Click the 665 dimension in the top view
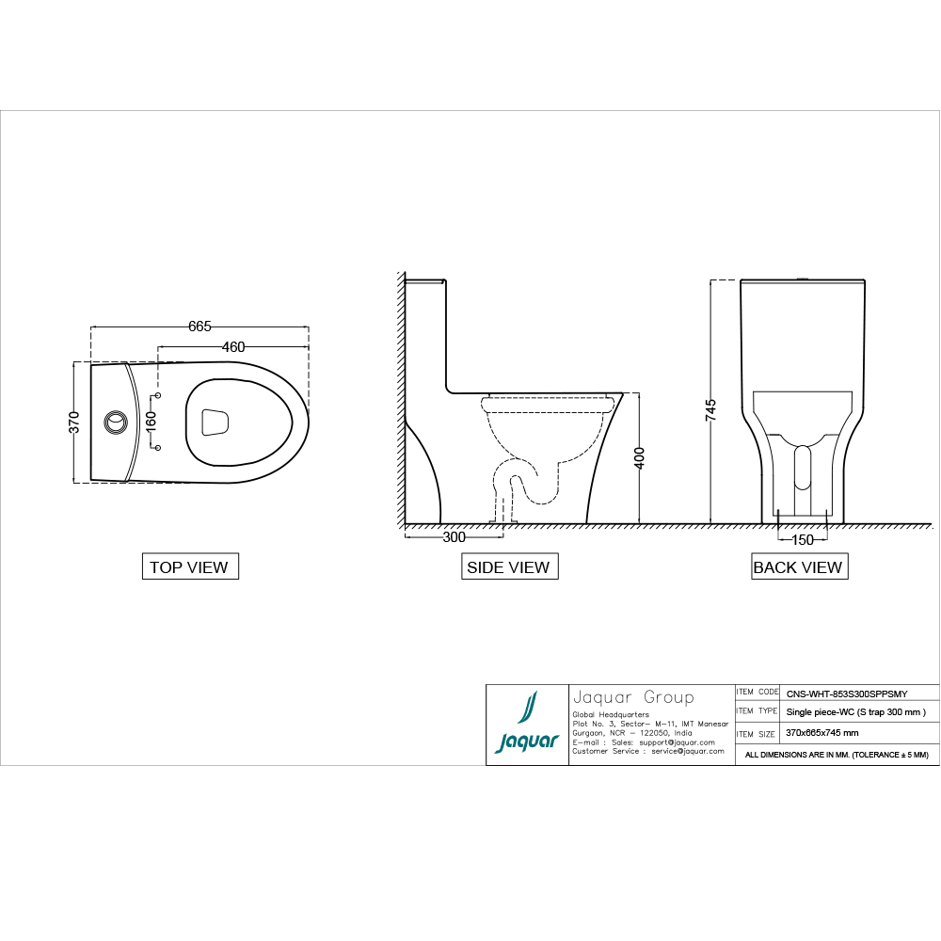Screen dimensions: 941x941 tap(199, 327)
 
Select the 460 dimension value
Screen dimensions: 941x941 tap(233, 346)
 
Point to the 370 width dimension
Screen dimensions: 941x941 tap(73, 421)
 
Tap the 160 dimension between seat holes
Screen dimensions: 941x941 tap(151, 421)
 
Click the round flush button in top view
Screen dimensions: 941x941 tap(115, 421)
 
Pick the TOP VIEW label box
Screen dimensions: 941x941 tap(189, 566)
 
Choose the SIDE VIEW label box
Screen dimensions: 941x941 tap(508, 566)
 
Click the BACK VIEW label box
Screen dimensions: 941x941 tap(798, 566)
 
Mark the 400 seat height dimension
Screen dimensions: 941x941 tap(640, 458)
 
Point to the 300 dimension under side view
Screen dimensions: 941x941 tap(454, 537)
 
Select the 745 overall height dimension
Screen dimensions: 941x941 tap(710, 410)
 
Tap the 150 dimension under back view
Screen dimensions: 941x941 tap(802, 540)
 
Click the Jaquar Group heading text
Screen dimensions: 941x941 tap(633, 697)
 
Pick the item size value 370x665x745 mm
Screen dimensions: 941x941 tap(821, 732)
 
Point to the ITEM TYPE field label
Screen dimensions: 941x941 tap(757, 711)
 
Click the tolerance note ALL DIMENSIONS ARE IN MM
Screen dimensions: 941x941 tap(836, 755)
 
